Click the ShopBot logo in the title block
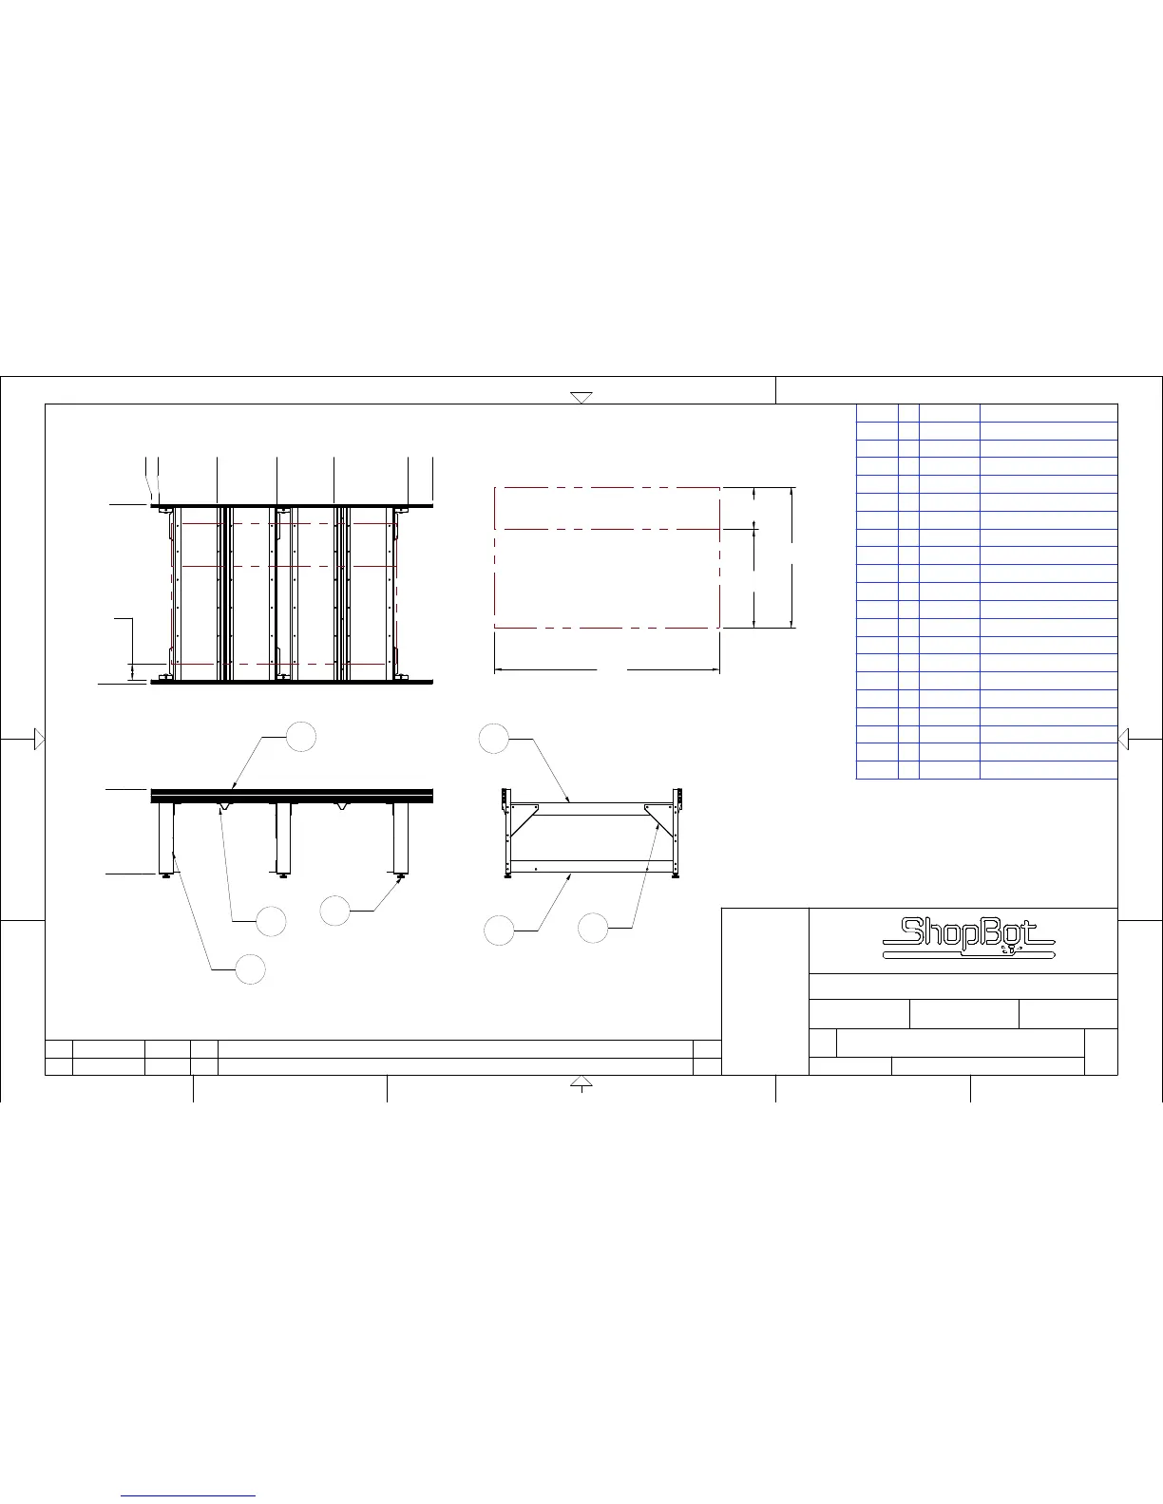tap(968, 937)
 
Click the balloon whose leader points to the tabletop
tap(301, 737)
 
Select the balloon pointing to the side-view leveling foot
tap(334, 911)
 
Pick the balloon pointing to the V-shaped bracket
tap(271, 921)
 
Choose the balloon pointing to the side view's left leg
tap(250, 969)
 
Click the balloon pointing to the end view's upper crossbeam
tap(494, 739)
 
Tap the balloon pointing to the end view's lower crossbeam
tap(499, 931)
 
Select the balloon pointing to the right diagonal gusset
tap(593, 928)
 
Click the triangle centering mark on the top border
tap(581, 397)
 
